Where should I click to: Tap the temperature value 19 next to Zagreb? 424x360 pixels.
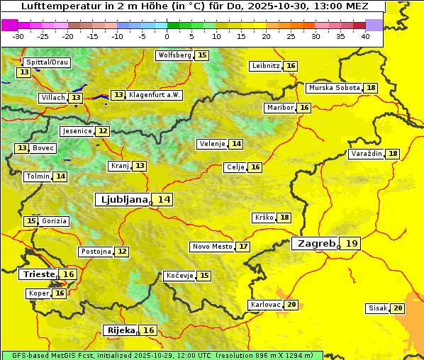coord(352,244)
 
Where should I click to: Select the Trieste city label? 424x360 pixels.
coord(39,274)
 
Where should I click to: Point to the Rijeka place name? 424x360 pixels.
coord(121,330)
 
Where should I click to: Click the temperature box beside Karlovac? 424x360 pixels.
coord(291,305)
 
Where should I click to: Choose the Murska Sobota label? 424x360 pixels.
coord(333,88)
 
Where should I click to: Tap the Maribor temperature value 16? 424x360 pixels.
coord(304,108)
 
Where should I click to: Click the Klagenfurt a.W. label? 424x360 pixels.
coord(155,95)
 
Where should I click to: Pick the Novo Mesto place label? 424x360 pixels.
coord(212,247)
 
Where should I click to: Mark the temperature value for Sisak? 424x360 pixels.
coord(398,308)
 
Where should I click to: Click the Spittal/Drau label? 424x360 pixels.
coord(47,62)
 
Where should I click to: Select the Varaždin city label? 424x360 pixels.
coord(366,154)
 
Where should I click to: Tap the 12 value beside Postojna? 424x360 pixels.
coord(123,252)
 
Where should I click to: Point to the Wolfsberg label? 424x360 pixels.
coord(174,55)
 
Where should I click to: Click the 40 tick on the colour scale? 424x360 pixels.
coord(365,35)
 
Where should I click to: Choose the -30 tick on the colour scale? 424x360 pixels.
coord(18,35)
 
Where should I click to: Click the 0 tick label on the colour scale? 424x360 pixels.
coord(167,35)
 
